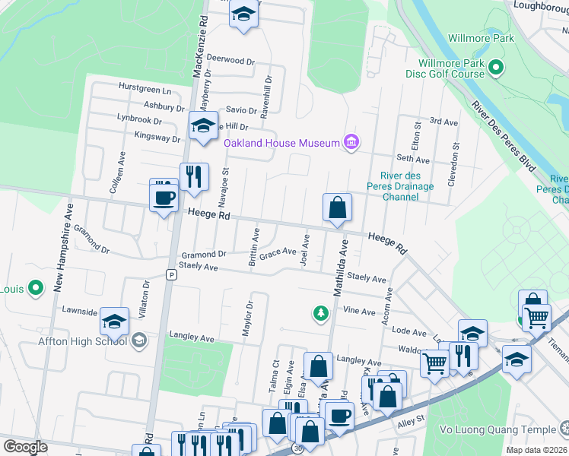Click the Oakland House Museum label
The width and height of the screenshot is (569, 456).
coord(281,143)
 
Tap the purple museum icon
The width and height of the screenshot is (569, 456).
coord(351,142)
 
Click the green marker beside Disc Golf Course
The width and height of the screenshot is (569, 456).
coord(496,69)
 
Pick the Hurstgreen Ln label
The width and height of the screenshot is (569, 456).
coord(145,89)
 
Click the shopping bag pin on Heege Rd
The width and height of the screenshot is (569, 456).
coord(337,207)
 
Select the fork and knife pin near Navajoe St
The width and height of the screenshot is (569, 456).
coord(194,178)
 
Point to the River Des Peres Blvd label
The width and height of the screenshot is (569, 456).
coord(504,136)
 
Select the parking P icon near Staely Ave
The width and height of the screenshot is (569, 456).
coord(172,275)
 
